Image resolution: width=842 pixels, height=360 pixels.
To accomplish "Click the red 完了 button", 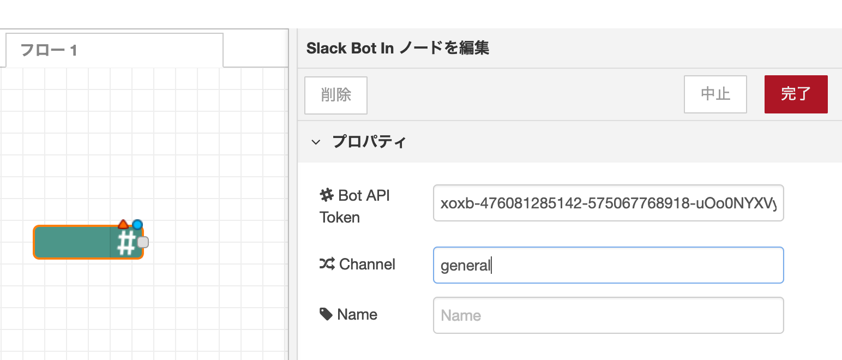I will pos(796,94).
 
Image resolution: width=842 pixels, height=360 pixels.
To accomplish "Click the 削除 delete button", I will pos(335,95).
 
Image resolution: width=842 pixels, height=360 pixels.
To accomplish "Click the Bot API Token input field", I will pos(608,203).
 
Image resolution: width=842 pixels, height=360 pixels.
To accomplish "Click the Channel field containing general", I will pos(608,265).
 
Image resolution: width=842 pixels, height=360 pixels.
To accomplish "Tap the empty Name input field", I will pos(608,315).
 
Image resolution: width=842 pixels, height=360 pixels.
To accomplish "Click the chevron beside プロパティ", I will pos(315,142).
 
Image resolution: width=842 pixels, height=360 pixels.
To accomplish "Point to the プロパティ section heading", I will pos(369,142).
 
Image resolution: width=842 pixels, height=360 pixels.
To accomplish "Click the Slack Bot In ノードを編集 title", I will pos(398,49).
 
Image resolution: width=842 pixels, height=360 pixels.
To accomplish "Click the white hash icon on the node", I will pos(127,243).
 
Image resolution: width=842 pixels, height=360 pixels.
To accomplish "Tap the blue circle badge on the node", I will pos(137,224).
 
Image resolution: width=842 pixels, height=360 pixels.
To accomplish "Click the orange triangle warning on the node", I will pos(123,224).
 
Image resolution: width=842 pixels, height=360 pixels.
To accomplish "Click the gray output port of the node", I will pos(143,242).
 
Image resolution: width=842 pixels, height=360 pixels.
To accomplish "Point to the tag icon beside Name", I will pos(326,314).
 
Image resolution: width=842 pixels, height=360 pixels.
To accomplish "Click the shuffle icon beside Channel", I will pos(326,265).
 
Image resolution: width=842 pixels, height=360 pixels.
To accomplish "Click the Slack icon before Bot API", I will pos(326,195).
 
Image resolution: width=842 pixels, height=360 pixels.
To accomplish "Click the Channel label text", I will pos(367,265).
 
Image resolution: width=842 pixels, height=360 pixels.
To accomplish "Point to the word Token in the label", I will pos(339,218).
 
